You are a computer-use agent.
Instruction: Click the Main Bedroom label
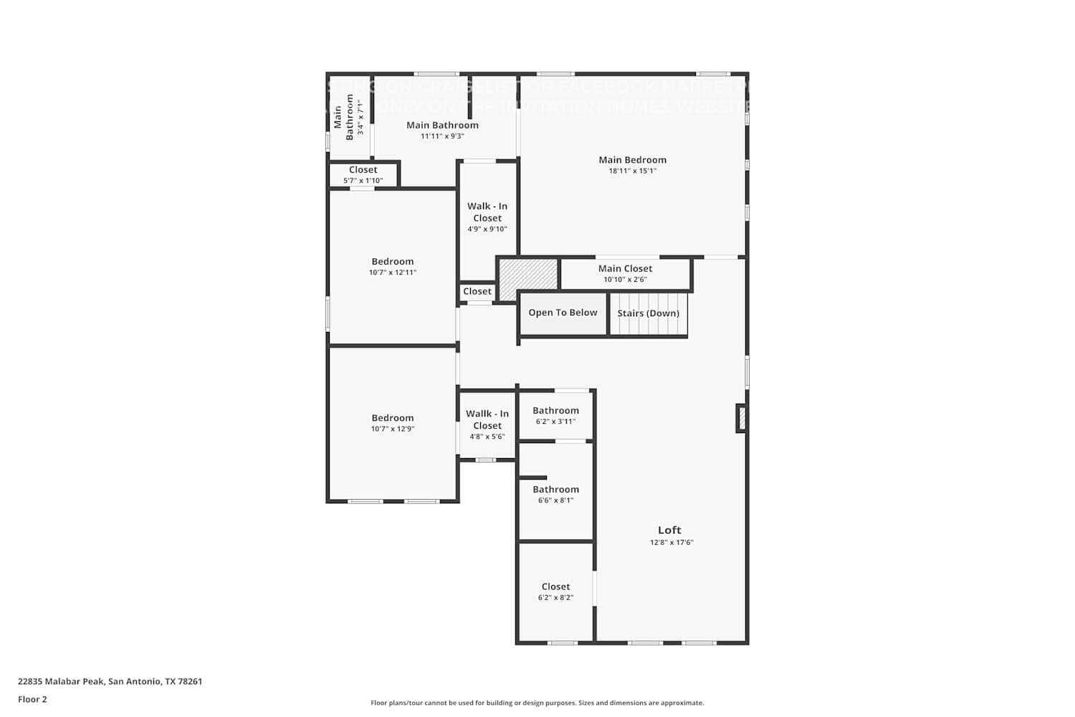[x=632, y=160]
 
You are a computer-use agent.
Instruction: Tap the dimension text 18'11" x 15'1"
[x=632, y=171]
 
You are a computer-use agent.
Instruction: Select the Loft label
[x=669, y=531]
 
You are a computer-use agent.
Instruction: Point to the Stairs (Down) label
[x=648, y=313]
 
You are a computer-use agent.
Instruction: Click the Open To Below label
[x=563, y=313]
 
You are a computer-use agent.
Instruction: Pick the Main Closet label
[x=625, y=268]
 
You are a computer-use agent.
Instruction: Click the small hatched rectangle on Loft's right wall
[x=742, y=419]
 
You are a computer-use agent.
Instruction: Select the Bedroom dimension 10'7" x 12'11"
[x=393, y=272]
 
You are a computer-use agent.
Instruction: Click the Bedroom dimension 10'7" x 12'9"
[x=393, y=429]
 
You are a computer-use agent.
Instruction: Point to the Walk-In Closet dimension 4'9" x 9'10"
[x=487, y=229]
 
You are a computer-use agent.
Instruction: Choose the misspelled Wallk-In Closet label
[x=487, y=419]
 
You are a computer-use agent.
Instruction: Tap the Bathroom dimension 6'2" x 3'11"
[x=555, y=422]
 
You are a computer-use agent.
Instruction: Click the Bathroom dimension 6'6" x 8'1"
[x=555, y=500]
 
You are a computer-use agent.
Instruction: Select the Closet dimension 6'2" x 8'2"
[x=555, y=597]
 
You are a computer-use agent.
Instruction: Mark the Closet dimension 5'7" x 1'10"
[x=363, y=181]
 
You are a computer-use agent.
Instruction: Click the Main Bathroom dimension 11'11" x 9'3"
[x=442, y=136]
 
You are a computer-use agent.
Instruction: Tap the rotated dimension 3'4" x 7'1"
[x=360, y=118]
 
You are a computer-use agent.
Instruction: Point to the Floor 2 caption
[x=32, y=700]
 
